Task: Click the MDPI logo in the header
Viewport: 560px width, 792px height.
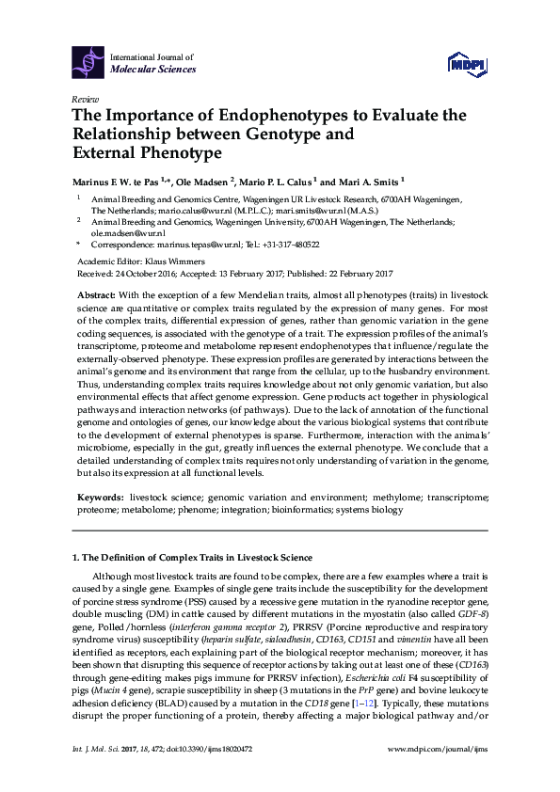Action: click(x=465, y=64)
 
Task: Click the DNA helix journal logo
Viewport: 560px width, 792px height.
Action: click(x=89, y=62)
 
